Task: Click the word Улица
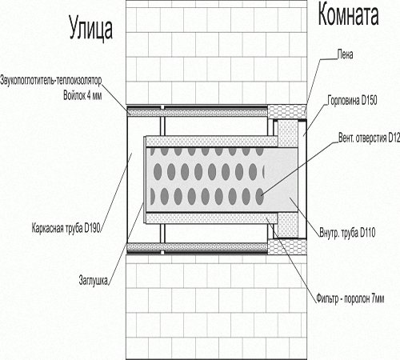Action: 91,28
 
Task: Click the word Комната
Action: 348,15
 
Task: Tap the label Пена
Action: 345,54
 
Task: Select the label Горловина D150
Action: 352,101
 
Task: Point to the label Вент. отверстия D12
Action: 369,138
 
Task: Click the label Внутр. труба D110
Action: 347,232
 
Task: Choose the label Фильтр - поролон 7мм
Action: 350,298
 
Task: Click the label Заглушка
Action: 93,280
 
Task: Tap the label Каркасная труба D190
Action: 66,228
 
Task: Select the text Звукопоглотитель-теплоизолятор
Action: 51,81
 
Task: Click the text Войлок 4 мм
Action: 82,95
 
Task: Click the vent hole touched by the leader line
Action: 260,196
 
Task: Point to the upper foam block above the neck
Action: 286,112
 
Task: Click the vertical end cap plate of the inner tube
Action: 145,180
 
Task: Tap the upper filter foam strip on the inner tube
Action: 212,142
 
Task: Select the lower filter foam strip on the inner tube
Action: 212,218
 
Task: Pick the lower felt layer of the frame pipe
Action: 198,247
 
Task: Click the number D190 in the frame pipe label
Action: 92,228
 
